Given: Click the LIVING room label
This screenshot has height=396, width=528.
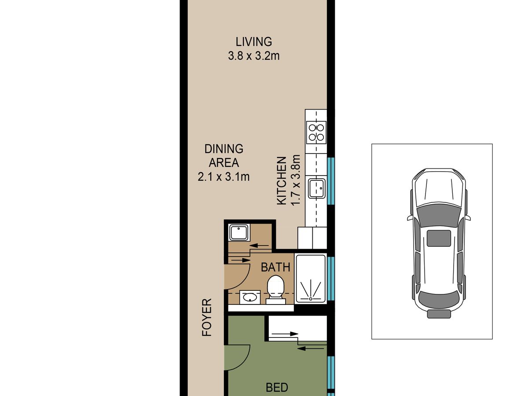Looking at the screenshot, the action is (x=254, y=42).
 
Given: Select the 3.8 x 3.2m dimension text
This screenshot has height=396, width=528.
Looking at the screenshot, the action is (x=254, y=56).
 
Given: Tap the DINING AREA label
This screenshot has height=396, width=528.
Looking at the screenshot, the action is (x=224, y=156).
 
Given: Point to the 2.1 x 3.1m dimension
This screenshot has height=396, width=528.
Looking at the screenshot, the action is (x=224, y=177).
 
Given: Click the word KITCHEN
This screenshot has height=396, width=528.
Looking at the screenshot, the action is (x=282, y=181).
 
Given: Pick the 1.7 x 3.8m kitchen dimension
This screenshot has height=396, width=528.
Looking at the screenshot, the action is (x=296, y=180).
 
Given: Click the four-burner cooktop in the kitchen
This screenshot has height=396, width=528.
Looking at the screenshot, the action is (x=316, y=132).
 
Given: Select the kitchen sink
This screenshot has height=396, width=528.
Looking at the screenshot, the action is (x=317, y=188).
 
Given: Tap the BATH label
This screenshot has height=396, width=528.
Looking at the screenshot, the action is (x=275, y=268).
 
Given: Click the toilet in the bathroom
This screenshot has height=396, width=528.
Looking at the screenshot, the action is (x=276, y=290).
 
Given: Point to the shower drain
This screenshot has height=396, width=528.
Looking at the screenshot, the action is (x=311, y=299).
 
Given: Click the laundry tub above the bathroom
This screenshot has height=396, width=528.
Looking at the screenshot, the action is (x=238, y=232).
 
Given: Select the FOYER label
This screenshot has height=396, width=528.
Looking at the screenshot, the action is (x=207, y=317).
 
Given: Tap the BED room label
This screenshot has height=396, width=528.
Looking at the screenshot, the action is (x=277, y=388).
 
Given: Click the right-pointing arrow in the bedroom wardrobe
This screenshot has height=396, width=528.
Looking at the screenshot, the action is (x=285, y=334).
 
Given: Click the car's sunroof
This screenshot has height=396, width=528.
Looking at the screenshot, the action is (x=439, y=238).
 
